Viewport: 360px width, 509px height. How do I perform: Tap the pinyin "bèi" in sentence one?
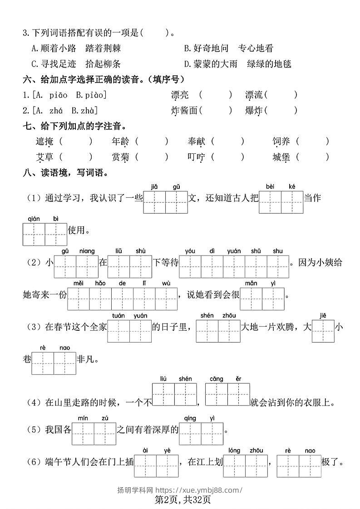point(270,186)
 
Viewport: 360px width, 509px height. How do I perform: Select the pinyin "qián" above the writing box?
point(34,219)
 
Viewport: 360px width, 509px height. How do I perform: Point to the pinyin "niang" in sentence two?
point(87,251)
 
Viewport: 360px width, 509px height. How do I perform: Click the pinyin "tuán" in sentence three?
point(118,316)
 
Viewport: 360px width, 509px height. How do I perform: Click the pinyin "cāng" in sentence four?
point(216,379)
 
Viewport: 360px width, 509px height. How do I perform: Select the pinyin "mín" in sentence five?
point(83,418)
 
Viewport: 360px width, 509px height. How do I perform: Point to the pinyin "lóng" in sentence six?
point(234,450)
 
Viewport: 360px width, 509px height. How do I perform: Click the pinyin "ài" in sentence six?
point(145,450)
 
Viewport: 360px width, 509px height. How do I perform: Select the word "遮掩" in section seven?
point(44,142)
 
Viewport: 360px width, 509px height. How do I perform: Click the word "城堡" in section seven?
point(281,157)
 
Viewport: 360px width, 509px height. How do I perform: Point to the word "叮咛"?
point(197,157)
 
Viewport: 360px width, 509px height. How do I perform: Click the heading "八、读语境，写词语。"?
point(66,173)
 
